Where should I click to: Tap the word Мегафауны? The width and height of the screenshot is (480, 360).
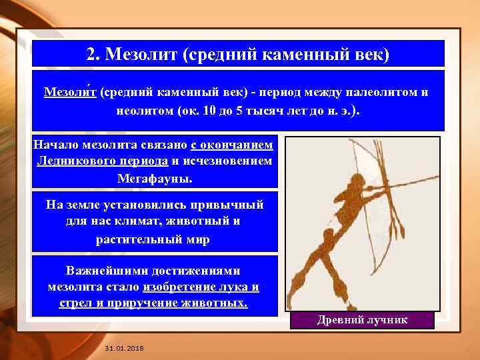(154, 179)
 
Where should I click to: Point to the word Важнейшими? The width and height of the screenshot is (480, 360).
(107, 271)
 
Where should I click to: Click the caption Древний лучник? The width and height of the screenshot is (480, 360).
(363, 321)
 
